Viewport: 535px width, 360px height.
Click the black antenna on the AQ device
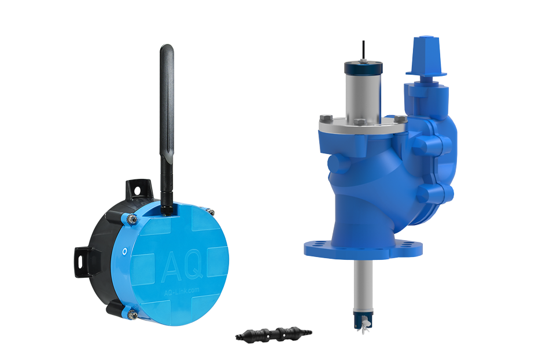pos(167,130)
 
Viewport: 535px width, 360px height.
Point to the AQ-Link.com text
pos(181,291)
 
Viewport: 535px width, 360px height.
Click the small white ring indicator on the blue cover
pos(124,252)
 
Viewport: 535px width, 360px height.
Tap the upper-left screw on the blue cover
pos(132,219)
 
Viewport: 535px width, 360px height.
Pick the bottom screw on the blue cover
pos(132,314)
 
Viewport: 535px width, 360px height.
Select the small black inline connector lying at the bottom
pos(274,334)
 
